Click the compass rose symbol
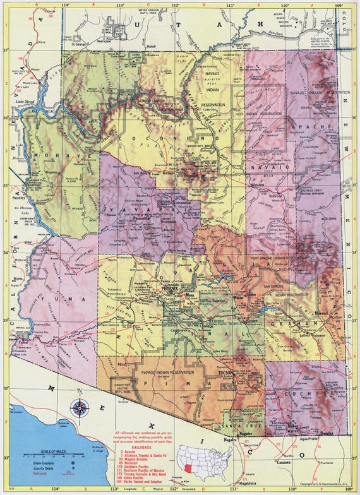click(80, 407)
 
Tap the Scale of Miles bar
click(45, 455)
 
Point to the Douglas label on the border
click(326, 434)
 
